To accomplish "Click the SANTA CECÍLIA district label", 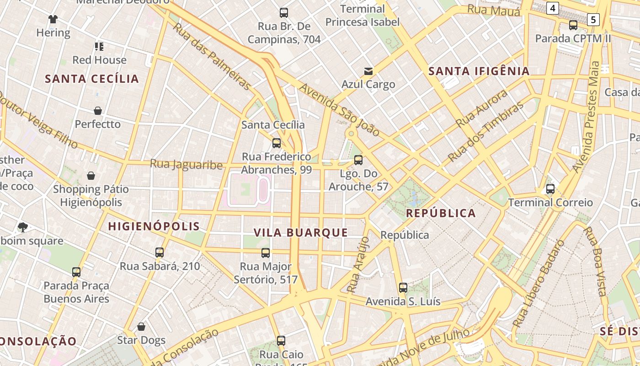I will [92, 79].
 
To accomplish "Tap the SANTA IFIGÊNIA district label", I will [479, 71].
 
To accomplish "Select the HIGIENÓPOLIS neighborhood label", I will [154, 226].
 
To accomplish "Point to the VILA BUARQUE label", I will [301, 232].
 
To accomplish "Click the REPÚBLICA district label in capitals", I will [441, 213].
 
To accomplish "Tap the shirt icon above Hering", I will [53, 19].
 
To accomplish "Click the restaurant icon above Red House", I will [99, 46].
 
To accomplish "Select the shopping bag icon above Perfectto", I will [98, 111].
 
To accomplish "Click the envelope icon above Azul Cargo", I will [368, 71].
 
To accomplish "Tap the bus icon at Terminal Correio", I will [550, 189].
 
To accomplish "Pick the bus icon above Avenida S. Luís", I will [403, 288].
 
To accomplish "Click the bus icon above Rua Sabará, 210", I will [160, 253].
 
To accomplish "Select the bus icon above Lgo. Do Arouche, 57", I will [358, 160].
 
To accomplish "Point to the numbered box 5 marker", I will [593, 19].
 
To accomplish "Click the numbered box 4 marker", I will [553, 8].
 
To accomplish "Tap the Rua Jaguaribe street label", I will [186, 164].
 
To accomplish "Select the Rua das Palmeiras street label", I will [213, 56].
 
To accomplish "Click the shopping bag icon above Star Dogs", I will [141, 327].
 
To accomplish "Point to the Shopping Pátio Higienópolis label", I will [91, 195].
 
